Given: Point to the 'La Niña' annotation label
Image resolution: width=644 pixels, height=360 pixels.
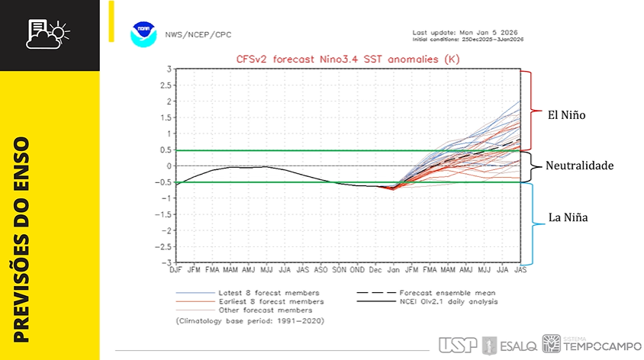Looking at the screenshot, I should click(568, 218).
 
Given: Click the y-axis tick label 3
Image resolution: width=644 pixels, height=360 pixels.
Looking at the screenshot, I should click(169, 69).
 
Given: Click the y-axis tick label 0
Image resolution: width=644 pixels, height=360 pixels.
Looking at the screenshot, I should click(169, 166).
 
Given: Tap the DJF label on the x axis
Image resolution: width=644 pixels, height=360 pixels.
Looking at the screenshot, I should click(175, 270).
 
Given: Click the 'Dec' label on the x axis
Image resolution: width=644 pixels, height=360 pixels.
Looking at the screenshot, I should click(375, 270).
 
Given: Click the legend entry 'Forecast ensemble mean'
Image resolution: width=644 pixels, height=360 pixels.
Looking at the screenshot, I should click(446, 293).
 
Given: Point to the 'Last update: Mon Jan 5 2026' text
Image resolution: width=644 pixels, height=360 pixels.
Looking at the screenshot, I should click(466, 33).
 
